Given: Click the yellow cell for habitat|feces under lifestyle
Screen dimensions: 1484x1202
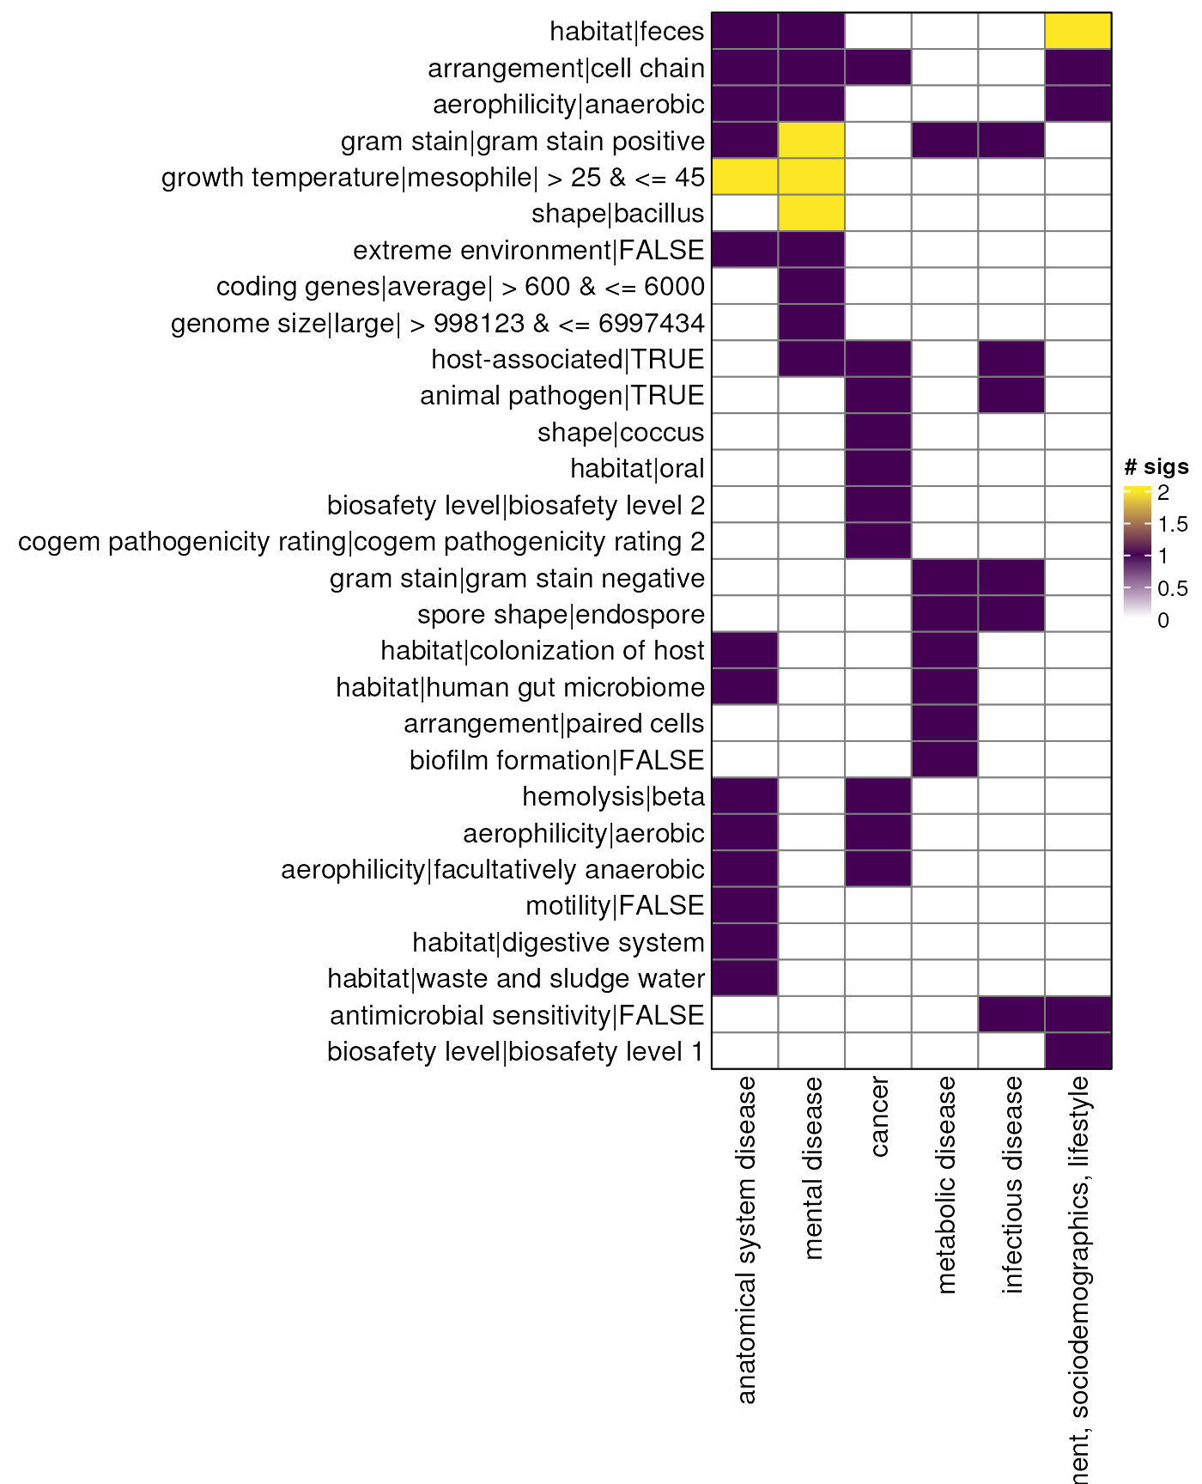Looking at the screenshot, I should (x=1078, y=31).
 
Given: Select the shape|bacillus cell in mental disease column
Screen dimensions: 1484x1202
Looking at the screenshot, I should (x=811, y=213).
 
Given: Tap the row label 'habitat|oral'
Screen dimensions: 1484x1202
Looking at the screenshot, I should (x=637, y=469).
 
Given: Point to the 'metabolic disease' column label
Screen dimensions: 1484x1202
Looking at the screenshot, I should (x=945, y=1184).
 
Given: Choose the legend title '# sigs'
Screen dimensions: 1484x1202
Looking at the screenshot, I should (x=1156, y=467).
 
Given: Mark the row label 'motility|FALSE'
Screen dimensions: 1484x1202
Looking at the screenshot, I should (x=615, y=906).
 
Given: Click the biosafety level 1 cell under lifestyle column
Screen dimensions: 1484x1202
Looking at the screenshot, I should (x=1078, y=1051).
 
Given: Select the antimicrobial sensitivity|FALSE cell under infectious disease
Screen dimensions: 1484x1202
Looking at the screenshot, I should (x=1011, y=1015).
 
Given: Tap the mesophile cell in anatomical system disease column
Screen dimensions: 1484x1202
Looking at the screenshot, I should (x=745, y=177).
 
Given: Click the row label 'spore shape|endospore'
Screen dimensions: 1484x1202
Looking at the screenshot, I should (x=561, y=615).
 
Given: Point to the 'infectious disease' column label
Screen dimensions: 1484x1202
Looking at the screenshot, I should (x=1012, y=1184).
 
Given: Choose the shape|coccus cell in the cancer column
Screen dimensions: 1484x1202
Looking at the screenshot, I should (x=878, y=432).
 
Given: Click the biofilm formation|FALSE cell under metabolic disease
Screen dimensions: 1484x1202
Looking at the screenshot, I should (x=945, y=760).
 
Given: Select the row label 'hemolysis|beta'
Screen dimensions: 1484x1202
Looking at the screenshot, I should (x=613, y=797).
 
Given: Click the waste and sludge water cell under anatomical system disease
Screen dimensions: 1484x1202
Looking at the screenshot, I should (x=745, y=978).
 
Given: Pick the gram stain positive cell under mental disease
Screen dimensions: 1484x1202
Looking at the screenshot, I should (x=811, y=141).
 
